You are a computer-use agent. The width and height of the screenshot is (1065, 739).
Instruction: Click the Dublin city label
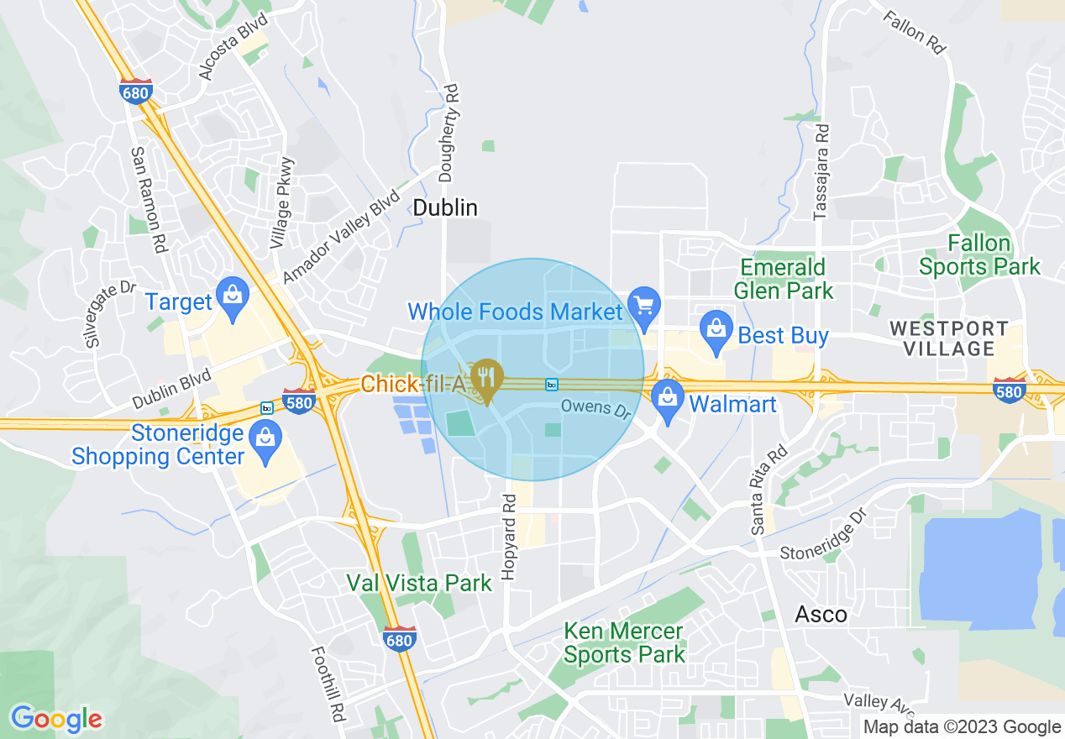(x=446, y=207)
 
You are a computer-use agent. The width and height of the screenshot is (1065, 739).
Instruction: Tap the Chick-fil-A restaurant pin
(x=486, y=378)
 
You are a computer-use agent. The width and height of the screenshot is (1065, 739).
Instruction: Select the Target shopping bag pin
(x=231, y=296)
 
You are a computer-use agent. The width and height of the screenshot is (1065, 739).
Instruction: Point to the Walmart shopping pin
(x=668, y=398)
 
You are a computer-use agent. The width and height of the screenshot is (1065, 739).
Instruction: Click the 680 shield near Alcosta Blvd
(x=134, y=92)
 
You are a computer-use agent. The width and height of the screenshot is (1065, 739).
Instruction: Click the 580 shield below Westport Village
(x=1008, y=391)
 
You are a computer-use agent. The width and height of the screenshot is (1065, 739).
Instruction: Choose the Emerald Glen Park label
(x=784, y=279)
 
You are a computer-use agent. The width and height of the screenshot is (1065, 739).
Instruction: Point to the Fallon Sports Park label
(x=979, y=255)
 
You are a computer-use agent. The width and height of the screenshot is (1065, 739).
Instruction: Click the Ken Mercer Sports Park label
(x=624, y=642)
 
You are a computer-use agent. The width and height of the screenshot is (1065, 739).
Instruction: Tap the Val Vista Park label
(x=419, y=583)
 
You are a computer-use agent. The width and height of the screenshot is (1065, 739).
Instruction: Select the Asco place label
(x=821, y=614)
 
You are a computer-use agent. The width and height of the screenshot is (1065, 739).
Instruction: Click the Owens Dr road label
(x=595, y=409)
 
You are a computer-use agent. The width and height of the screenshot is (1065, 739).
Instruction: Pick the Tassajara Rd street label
(x=822, y=172)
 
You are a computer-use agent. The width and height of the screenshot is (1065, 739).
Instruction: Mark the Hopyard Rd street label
(x=508, y=547)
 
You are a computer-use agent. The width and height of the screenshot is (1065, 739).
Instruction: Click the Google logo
(x=56, y=719)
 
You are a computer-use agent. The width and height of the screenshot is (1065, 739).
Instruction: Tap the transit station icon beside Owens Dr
(x=551, y=385)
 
